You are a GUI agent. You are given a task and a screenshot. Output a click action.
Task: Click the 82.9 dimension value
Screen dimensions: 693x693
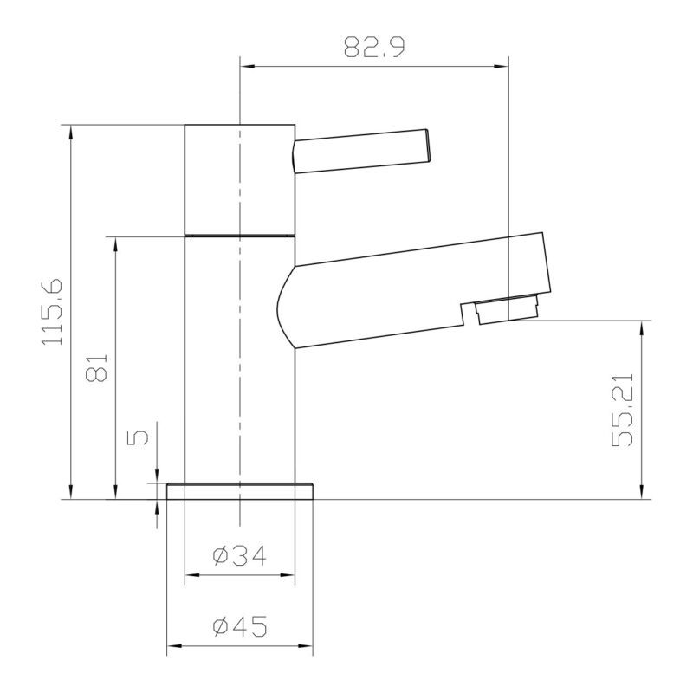click(374, 48)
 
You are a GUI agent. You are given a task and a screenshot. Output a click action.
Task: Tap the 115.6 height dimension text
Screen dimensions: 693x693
click(52, 312)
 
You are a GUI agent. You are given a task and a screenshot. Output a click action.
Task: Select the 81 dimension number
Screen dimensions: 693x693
click(96, 367)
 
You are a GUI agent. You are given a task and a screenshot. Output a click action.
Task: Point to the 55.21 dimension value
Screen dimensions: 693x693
click(622, 410)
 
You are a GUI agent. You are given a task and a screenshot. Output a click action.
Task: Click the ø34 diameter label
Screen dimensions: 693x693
click(240, 555)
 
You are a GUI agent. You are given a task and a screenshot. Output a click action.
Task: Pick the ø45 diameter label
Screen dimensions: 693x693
click(240, 625)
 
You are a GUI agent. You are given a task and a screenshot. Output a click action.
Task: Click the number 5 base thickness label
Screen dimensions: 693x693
click(138, 437)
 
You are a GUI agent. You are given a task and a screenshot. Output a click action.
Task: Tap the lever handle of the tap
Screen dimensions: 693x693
click(361, 151)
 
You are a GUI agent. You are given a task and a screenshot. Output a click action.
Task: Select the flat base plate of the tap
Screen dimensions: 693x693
click(240, 491)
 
